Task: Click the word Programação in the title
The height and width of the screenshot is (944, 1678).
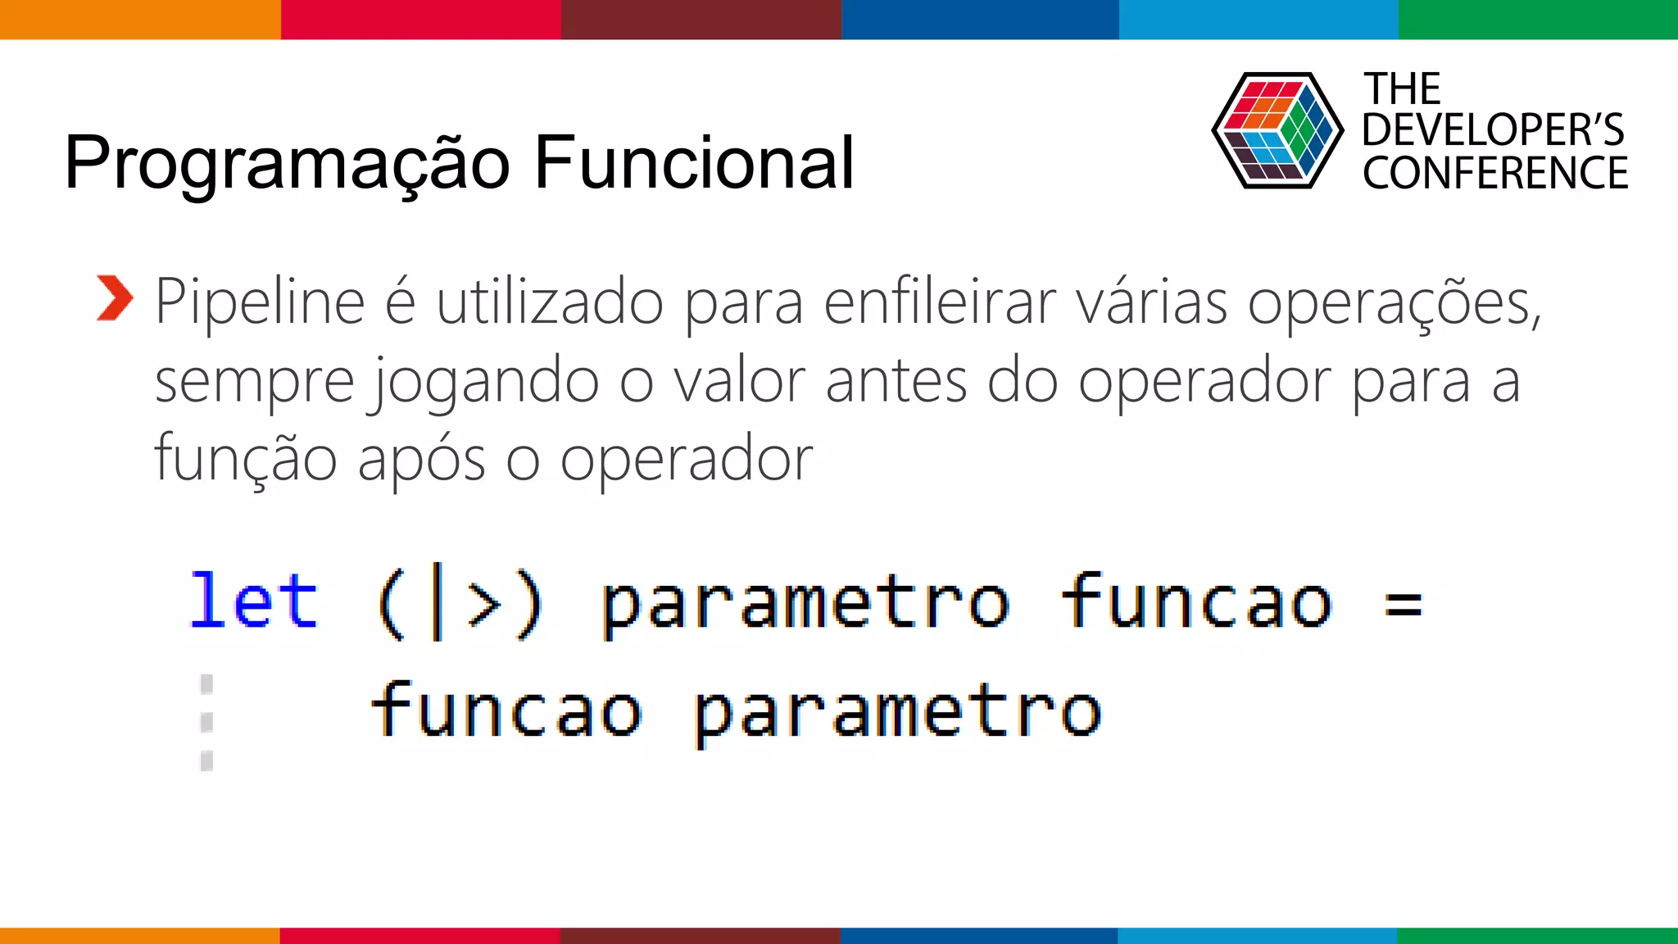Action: [287, 164]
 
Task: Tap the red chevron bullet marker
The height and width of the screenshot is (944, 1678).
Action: [114, 298]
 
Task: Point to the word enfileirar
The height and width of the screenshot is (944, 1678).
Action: [940, 302]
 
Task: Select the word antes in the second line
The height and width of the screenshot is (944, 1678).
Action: [896, 381]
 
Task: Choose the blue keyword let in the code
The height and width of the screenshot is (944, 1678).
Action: [253, 601]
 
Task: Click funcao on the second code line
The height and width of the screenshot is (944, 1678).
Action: [506, 710]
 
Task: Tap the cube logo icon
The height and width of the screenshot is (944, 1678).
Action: [1277, 130]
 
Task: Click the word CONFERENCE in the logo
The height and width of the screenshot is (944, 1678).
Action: [1495, 173]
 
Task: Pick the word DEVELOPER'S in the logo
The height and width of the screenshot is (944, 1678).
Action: [1493, 130]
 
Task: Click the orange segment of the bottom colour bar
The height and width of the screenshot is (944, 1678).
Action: [139, 935]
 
